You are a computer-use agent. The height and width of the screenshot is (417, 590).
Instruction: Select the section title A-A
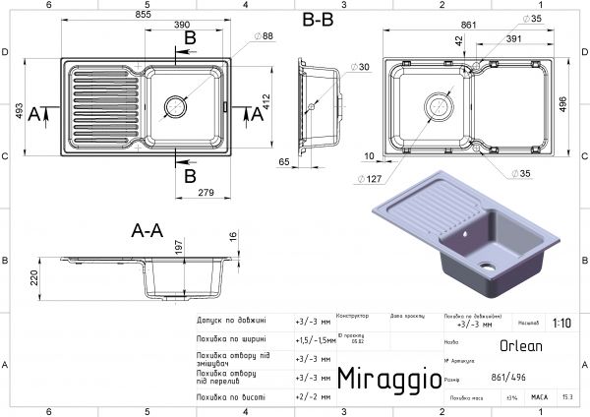click(x=147, y=231)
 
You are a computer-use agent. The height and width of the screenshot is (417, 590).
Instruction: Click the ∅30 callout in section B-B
click(x=336, y=67)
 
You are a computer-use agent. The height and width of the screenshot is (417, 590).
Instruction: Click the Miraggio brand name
click(x=383, y=380)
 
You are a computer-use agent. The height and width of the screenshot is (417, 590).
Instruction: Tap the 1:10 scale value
click(x=560, y=322)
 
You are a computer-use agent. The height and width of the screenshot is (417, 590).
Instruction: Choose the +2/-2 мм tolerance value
click(x=312, y=397)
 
